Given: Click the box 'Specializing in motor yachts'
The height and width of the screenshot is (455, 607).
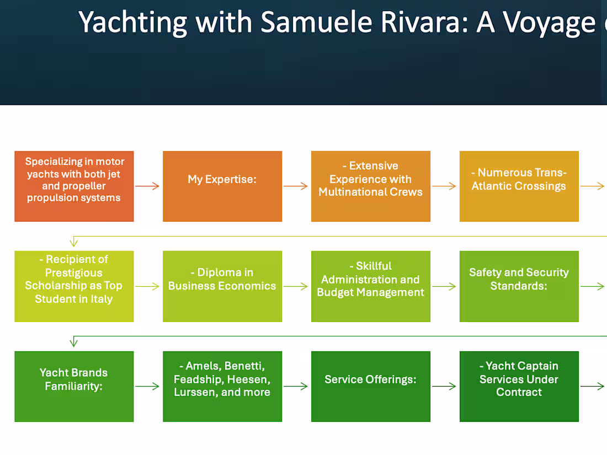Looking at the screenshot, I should (x=74, y=186).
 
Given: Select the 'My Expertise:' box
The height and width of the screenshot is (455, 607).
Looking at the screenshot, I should (x=222, y=186).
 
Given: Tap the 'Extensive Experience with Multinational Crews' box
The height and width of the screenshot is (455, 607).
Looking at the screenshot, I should (x=371, y=186).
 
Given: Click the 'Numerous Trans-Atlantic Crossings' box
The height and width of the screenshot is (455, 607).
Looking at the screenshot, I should (x=519, y=186).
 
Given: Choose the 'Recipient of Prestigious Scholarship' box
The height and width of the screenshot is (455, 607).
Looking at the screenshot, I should (x=74, y=286).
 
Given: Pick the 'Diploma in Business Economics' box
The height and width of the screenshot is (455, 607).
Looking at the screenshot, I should (x=222, y=286).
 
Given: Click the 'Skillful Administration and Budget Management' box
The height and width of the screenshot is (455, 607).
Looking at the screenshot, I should (x=371, y=286).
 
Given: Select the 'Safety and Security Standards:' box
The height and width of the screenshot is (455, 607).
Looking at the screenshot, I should (x=519, y=286).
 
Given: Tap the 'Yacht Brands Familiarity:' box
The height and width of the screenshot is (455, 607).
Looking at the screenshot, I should (x=74, y=387).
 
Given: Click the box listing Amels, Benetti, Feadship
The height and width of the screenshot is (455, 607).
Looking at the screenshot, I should (x=222, y=387).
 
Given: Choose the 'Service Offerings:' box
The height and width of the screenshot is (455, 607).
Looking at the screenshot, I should (x=371, y=387).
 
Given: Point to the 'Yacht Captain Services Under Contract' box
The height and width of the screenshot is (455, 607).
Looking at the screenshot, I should (x=519, y=387).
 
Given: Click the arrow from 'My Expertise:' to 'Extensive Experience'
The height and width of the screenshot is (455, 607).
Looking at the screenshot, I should (x=296, y=186).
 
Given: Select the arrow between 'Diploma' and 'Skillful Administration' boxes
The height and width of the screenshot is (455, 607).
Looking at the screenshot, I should (x=296, y=286).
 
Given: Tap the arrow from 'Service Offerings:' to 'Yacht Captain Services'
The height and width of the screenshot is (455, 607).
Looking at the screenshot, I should (x=445, y=387).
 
